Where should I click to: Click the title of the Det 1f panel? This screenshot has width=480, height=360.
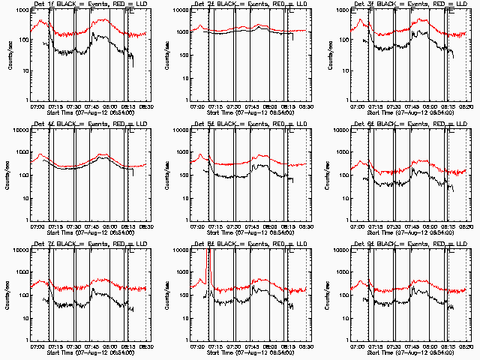point(90,5)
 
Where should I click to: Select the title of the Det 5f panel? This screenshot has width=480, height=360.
point(250,125)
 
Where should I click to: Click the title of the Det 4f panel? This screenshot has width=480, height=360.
point(90,125)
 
